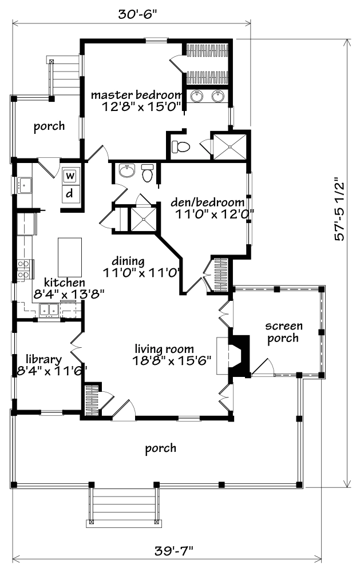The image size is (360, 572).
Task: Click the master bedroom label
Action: [136, 95]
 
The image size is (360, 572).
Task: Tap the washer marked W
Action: [70, 176]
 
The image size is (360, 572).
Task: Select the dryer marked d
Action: [70, 193]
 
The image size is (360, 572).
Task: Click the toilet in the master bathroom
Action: [181, 146]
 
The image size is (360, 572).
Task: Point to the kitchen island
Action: [69, 257]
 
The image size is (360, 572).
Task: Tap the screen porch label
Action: [284, 332]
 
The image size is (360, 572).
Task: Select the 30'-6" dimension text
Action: [137, 14]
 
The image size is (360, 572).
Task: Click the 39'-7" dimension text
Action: [173, 551]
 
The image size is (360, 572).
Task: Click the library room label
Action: [44, 360]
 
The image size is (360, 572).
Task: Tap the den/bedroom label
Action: [207, 202]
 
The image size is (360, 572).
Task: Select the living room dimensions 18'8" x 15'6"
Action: [172, 361]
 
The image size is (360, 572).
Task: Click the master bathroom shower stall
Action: [230, 146]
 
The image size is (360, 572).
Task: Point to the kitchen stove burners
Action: [24, 269]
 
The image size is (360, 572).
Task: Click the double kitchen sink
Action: [49, 309]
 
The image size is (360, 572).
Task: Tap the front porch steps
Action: [124, 505]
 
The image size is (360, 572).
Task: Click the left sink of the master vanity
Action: [197, 97]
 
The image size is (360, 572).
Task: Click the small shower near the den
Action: [144, 219]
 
